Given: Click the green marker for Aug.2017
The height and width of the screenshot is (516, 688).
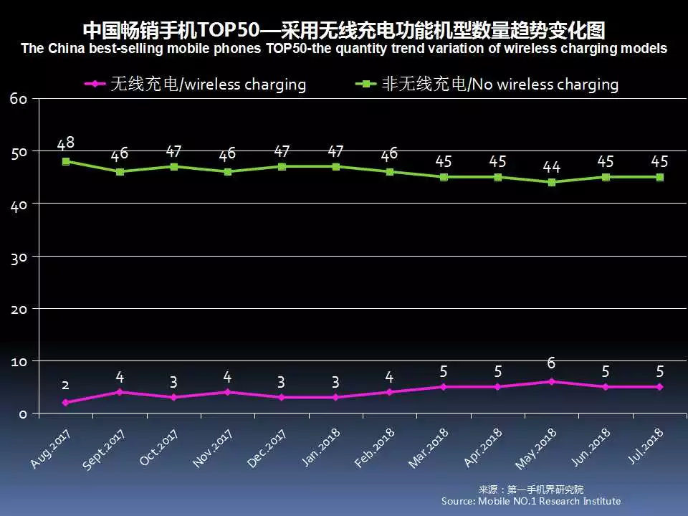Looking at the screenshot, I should (x=66, y=161).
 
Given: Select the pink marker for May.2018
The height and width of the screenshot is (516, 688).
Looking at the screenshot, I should (x=551, y=381).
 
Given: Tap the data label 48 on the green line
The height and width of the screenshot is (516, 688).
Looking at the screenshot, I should (x=66, y=143).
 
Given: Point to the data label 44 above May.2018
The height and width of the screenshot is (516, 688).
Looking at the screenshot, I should (x=551, y=166).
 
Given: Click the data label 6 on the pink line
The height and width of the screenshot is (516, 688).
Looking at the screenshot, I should (x=551, y=363).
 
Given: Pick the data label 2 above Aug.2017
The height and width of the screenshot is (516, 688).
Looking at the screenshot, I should (x=66, y=385).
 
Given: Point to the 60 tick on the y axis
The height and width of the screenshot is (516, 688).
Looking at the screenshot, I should (x=19, y=99).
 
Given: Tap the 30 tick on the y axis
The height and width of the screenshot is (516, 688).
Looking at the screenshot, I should (x=19, y=257).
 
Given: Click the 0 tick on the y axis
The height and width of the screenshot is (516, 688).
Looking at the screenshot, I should (x=23, y=414).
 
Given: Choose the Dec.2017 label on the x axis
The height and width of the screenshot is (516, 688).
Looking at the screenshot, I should (x=267, y=449).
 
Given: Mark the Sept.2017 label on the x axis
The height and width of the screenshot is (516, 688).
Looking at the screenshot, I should (x=104, y=450).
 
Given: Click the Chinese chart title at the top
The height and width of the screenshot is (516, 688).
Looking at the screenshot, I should (x=344, y=31).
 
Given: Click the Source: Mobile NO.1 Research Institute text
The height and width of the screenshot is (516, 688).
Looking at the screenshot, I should (x=531, y=501).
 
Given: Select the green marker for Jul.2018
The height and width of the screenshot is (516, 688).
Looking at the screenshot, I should (x=659, y=177).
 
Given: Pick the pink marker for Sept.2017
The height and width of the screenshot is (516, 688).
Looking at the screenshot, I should (x=120, y=392).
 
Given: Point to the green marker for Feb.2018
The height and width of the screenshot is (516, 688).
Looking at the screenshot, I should (x=389, y=172).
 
